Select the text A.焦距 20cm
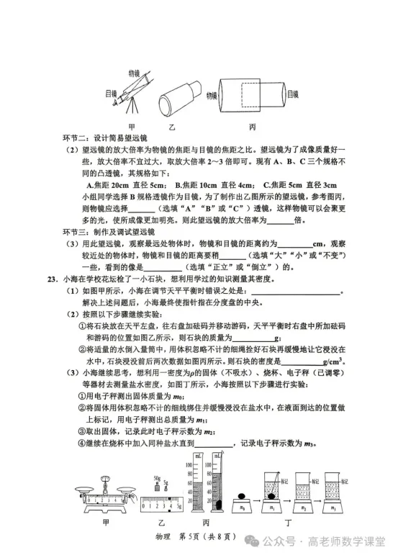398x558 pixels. tap(108, 184)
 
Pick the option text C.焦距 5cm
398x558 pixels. tap(281, 184)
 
